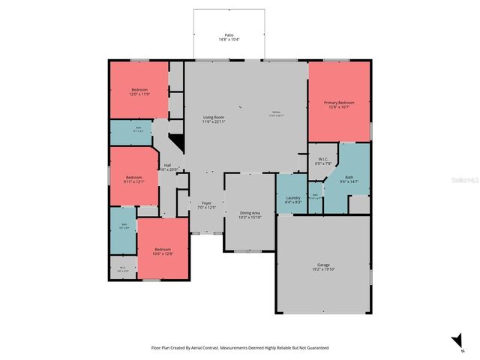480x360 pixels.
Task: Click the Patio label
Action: [229, 34]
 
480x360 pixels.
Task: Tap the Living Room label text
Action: [214, 117]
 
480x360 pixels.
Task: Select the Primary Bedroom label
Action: [338, 102]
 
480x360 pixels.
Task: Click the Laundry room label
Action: [293, 198]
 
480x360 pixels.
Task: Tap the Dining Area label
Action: [250, 214]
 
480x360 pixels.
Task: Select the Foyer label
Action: [206, 202]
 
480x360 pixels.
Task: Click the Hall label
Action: [168, 165]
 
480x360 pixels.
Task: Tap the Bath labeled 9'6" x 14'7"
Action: [349, 177]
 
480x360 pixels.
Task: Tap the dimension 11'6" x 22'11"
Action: [214, 121]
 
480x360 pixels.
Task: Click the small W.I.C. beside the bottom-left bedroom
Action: [122, 268]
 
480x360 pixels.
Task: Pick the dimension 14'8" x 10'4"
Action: [229, 39]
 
